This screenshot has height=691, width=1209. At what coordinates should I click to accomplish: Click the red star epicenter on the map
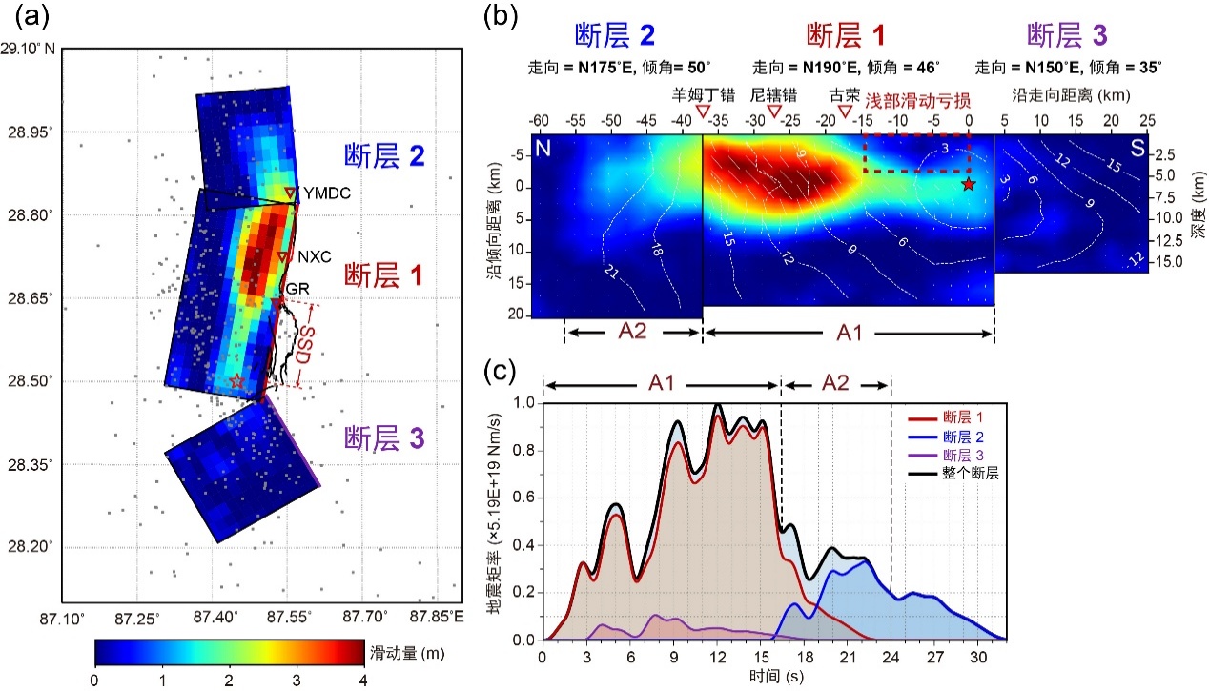[237, 381]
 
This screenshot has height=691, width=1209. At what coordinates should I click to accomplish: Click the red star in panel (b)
[969, 184]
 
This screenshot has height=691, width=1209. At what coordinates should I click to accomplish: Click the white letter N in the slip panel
[543, 150]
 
